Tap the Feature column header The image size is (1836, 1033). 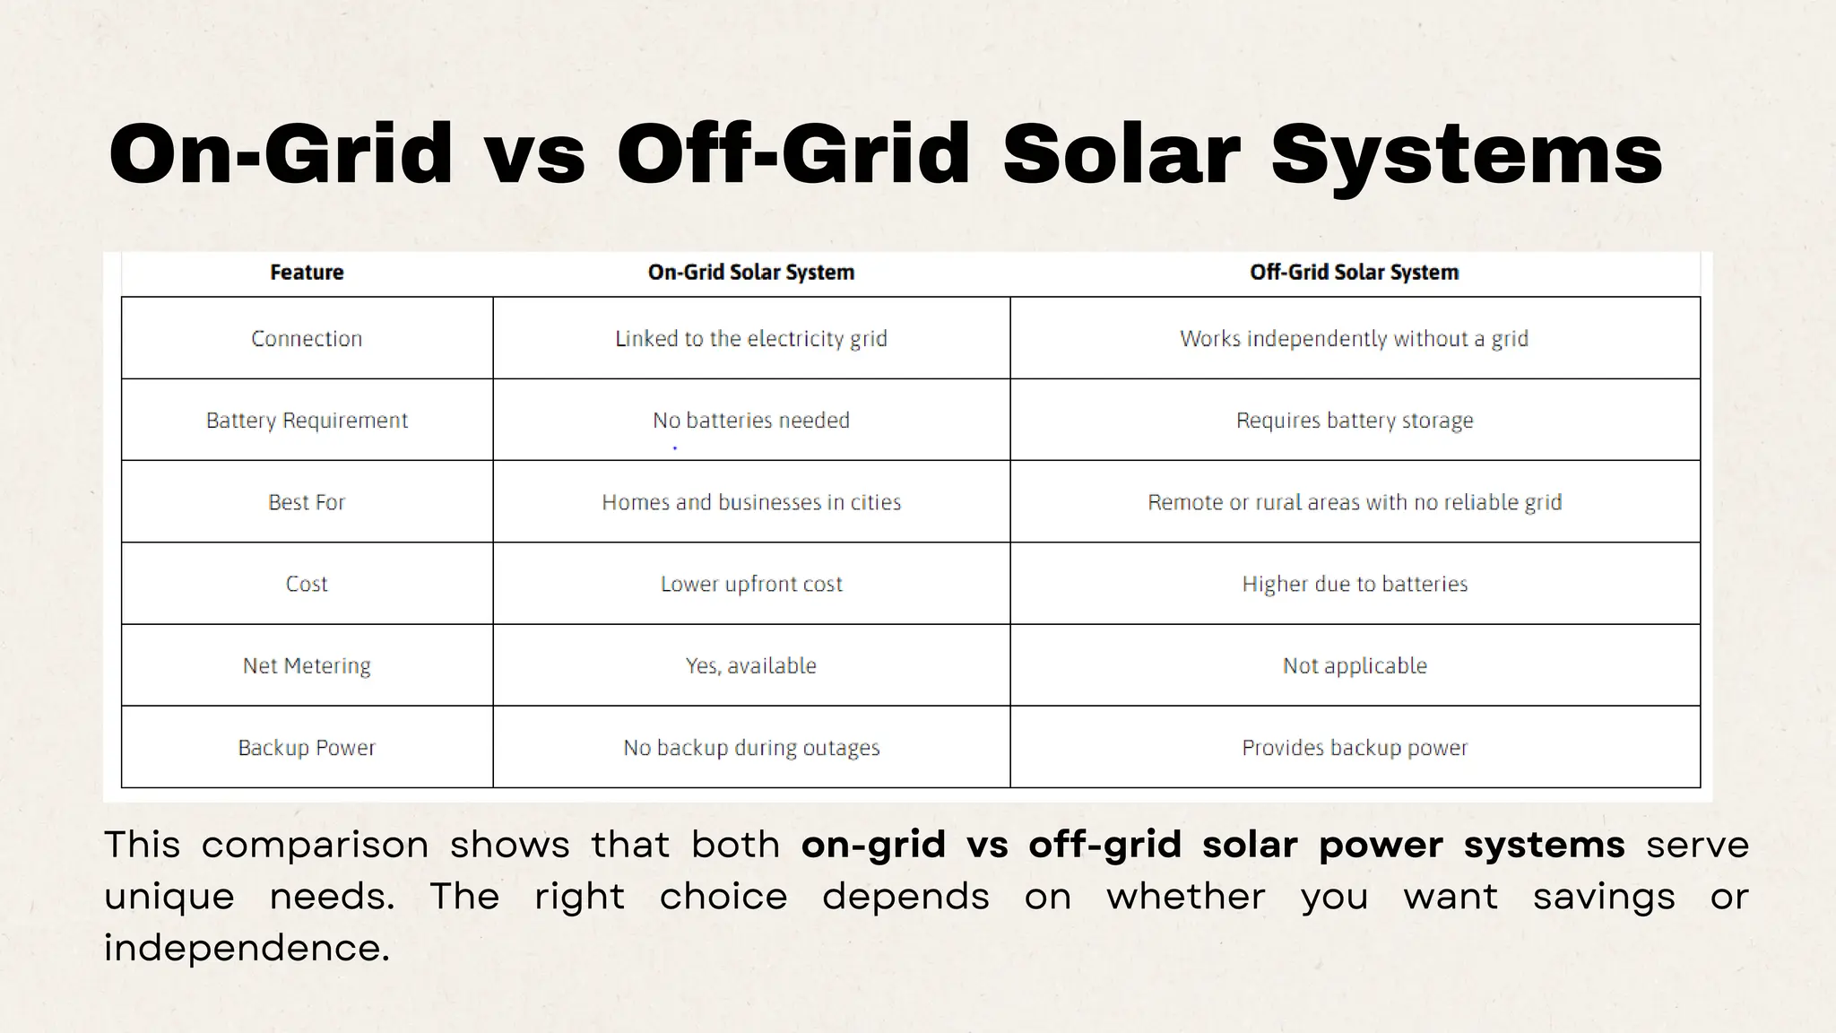click(x=307, y=273)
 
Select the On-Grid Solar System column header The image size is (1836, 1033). click(x=751, y=273)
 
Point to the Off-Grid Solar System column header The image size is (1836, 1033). click(x=1354, y=273)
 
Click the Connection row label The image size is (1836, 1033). click(x=307, y=339)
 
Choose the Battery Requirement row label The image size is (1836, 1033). click(x=307, y=421)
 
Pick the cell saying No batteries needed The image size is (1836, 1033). click(x=751, y=421)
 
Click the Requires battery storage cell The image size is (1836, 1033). click(x=1354, y=421)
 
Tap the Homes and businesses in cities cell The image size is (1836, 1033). click(x=751, y=502)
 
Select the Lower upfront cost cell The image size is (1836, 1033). click(x=751, y=585)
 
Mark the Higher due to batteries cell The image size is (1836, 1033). click(x=1354, y=585)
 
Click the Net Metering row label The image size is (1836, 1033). click(x=307, y=666)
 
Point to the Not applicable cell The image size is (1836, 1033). click(x=1354, y=666)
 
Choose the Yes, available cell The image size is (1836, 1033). click(x=751, y=666)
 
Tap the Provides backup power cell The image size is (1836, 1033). click(x=1354, y=748)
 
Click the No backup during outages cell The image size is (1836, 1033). click(x=751, y=748)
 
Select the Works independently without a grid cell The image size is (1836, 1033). click(x=1354, y=339)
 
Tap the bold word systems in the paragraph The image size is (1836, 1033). click(x=1544, y=845)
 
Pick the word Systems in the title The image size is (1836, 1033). click(x=1467, y=154)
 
